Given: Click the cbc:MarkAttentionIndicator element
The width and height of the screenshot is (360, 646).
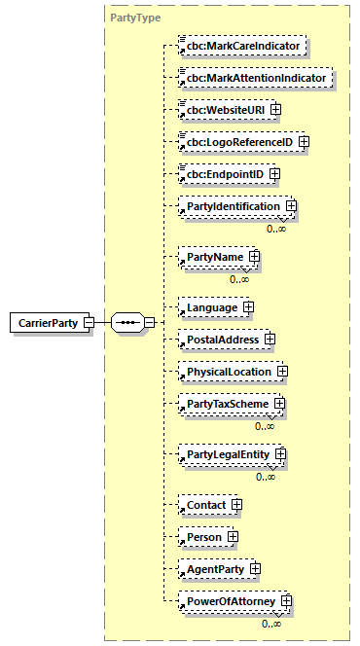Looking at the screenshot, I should pyautogui.click(x=254, y=77).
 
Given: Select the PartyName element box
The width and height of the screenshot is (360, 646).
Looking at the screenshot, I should pyautogui.click(x=214, y=257).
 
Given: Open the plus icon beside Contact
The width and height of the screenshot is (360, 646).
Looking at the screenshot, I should pyautogui.click(x=236, y=505).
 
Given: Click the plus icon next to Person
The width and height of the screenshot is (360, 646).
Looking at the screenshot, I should pyautogui.click(x=232, y=537).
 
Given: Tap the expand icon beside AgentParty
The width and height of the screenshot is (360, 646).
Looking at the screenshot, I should pyautogui.click(x=255, y=568).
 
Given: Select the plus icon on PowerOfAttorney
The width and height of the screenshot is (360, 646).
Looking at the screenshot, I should pyautogui.click(x=287, y=601).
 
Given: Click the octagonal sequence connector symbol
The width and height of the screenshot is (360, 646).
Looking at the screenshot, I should pyautogui.click(x=127, y=322).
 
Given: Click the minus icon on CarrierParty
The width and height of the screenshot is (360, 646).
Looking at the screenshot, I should pyautogui.click(x=88, y=322).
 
